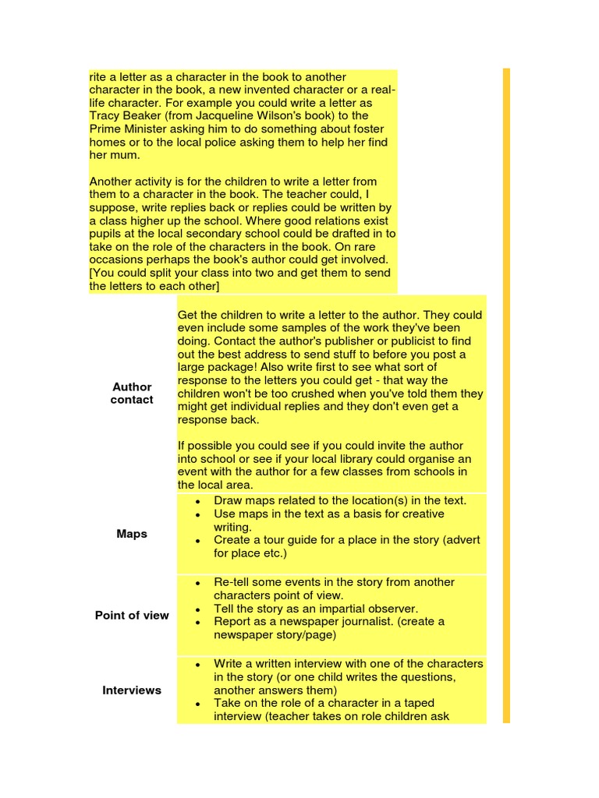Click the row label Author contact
(x=132, y=393)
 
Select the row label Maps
(x=132, y=534)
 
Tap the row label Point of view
(x=132, y=615)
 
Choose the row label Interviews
(x=132, y=690)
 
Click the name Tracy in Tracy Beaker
(x=105, y=116)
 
